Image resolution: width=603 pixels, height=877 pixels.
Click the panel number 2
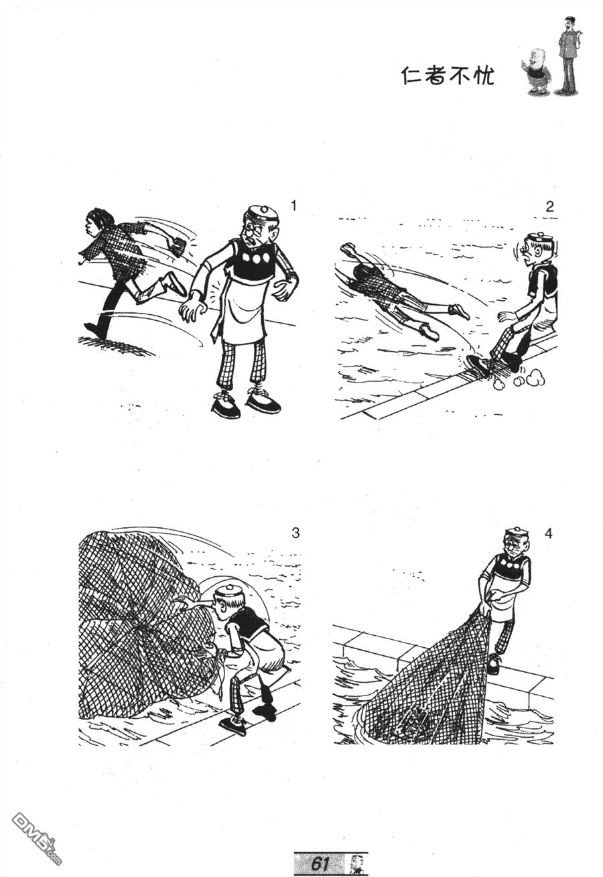[550, 206]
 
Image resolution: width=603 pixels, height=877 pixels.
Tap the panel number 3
[295, 533]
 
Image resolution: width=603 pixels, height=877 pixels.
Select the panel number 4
[548, 533]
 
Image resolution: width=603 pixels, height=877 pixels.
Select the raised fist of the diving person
[348, 249]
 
